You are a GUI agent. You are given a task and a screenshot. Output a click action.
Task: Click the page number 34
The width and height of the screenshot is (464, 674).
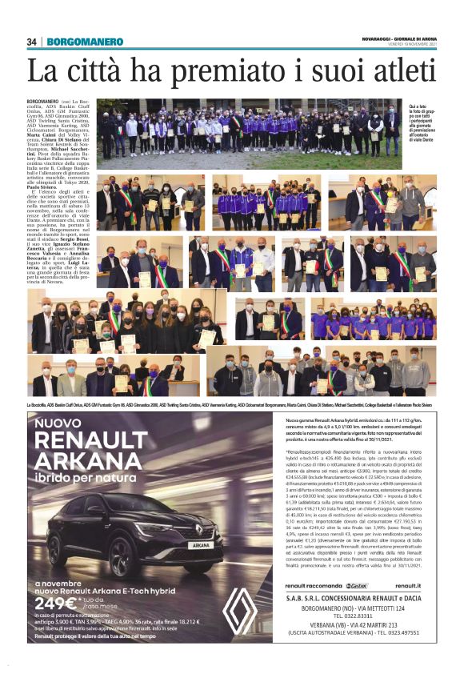click(x=32, y=42)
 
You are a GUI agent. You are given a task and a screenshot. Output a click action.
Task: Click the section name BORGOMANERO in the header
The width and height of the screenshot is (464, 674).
click(x=84, y=42)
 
